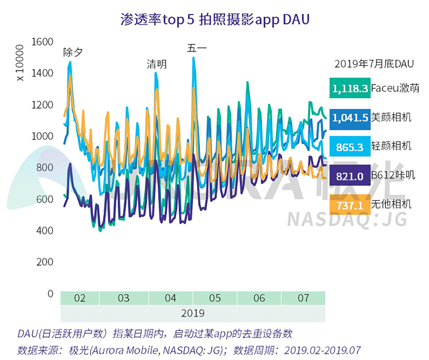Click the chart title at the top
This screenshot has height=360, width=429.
[x=215, y=20]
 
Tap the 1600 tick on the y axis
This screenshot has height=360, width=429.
[x=43, y=42]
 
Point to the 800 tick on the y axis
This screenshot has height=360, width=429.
[x=45, y=168]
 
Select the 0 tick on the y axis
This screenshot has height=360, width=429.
[x=50, y=294]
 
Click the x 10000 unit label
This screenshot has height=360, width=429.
[x=20, y=63]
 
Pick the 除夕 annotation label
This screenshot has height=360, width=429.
[x=73, y=52]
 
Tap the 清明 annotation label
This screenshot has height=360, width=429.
[x=157, y=64]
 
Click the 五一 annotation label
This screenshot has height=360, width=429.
[x=197, y=48]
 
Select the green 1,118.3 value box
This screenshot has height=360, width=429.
[x=350, y=88]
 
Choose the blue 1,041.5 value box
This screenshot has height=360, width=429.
[x=350, y=118]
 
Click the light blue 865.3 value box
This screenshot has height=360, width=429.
[x=350, y=147]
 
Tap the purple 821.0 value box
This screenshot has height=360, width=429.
[x=350, y=177]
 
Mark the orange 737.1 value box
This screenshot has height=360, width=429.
[x=350, y=206]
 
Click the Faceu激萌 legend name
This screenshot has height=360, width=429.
[x=395, y=88]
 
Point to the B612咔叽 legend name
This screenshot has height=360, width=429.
[x=393, y=175]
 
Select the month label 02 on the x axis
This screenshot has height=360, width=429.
[x=80, y=298]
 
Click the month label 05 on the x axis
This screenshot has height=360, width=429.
[x=215, y=298]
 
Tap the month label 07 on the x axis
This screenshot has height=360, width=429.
[x=303, y=298]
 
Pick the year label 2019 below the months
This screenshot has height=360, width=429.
[x=193, y=313]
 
